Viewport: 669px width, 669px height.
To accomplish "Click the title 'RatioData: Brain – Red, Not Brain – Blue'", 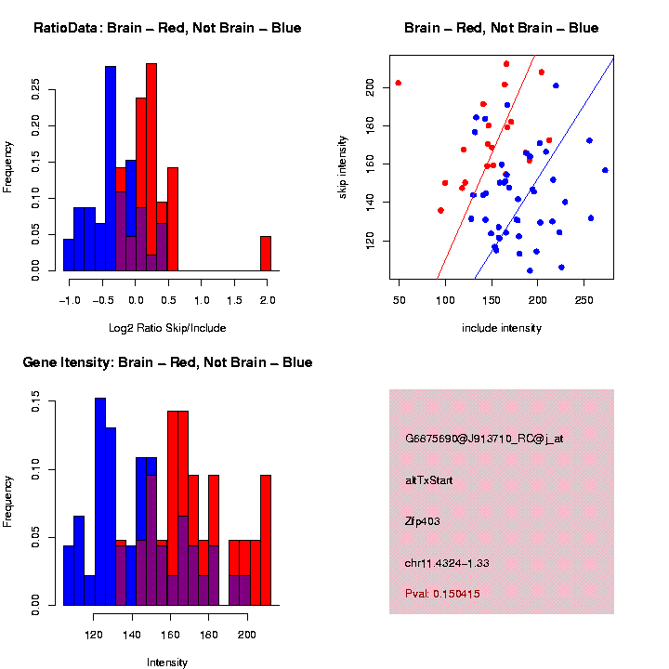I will coord(167,28).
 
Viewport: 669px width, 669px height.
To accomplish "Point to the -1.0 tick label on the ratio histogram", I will coord(69,300).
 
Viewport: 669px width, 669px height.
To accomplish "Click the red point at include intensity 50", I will coord(399,83).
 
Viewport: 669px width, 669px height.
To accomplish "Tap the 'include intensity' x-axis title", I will coord(502,327).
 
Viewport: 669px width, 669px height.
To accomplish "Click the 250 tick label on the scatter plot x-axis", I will coord(585,300).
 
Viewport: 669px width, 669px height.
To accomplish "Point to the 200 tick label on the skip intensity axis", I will coord(370,86).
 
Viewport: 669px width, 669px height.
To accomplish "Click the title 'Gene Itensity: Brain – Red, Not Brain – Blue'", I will coord(167,362).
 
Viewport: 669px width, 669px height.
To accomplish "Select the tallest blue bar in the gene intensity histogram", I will coord(100,502).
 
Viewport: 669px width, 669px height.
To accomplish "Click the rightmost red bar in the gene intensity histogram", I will coord(266,539).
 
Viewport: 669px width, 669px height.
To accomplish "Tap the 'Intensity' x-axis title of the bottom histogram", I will coord(167,662).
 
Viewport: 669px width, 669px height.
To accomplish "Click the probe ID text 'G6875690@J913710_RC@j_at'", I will coord(484,439).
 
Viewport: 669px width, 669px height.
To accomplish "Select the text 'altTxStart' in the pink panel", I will coord(429,480).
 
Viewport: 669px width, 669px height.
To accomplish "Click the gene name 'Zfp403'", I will coord(423,521).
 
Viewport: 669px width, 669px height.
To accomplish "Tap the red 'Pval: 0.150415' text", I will coord(442,593).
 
